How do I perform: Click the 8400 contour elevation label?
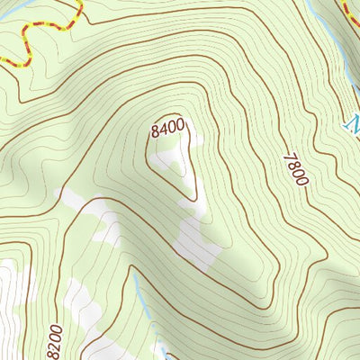(171, 129)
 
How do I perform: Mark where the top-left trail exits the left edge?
(2, 60)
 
